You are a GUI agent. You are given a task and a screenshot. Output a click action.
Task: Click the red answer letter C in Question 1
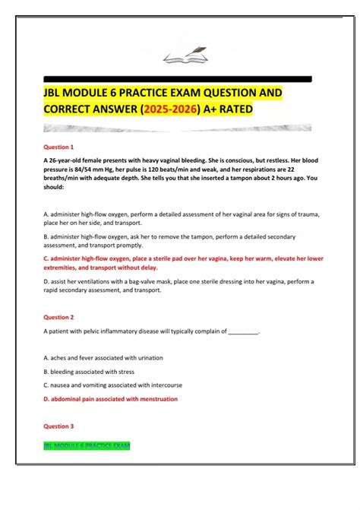pos(47,258)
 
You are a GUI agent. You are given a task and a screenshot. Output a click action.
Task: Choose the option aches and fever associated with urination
pos(103,357)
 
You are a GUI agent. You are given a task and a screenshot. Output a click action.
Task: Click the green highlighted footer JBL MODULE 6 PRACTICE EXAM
pos(87,444)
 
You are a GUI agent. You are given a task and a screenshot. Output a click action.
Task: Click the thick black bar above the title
pos(178,78)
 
